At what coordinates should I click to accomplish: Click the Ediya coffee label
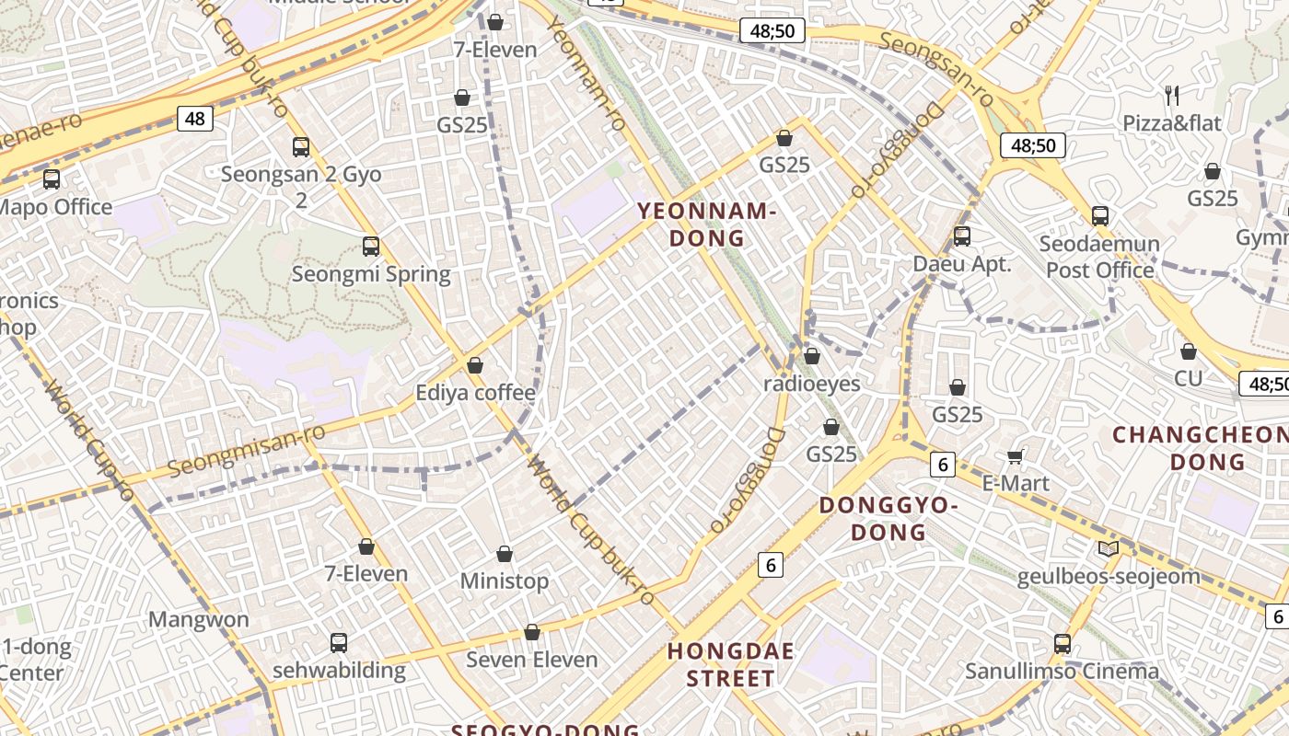coord(475,393)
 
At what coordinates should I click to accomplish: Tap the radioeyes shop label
coord(811,384)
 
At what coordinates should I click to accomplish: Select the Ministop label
coord(504,581)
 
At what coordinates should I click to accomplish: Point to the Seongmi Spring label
coord(371,274)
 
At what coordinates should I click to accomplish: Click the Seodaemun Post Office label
coord(1099,257)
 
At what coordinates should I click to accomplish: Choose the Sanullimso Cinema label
coord(1062,671)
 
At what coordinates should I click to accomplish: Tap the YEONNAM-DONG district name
coord(706,225)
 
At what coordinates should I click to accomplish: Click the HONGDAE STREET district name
coord(730,665)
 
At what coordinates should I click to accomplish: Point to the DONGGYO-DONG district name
coord(888,518)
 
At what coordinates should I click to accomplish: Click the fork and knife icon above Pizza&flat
coord(1171,95)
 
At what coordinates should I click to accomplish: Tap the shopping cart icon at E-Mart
coord(1016,456)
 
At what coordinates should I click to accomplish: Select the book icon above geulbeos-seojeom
coord(1109,549)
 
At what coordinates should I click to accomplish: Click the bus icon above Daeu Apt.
coord(962,236)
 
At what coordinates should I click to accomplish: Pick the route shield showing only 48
coord(194,118)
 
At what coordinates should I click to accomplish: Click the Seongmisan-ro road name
coord(247,451)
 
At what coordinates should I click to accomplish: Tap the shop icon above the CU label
coord(1188,351)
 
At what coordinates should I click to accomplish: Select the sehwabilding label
coord(339,670)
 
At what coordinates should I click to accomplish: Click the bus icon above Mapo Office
coord(52,178)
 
